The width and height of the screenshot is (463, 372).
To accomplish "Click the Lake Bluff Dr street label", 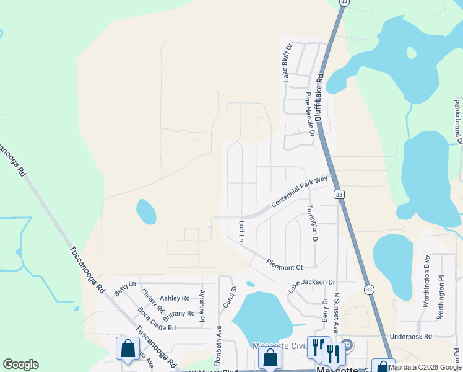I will (x=287, y=63).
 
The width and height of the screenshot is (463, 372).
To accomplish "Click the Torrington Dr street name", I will (x=313, y=223).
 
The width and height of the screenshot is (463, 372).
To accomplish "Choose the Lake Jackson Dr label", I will (x=311, y=286).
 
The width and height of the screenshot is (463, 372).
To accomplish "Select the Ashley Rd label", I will (x=175, y=298).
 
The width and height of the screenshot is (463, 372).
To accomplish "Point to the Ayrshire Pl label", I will (x=202, y=304).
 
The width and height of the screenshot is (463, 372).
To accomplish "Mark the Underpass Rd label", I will (x=410, y=336).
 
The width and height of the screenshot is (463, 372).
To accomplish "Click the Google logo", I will (x=20, y=365).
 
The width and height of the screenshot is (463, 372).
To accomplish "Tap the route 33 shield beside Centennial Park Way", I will (x=339, y=195).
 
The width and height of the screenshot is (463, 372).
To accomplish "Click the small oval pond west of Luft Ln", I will (x=146, y=211).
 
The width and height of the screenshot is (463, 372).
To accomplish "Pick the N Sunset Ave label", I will (x=337, y=313).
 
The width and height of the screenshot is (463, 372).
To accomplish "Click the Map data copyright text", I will (x=425, y=367).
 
